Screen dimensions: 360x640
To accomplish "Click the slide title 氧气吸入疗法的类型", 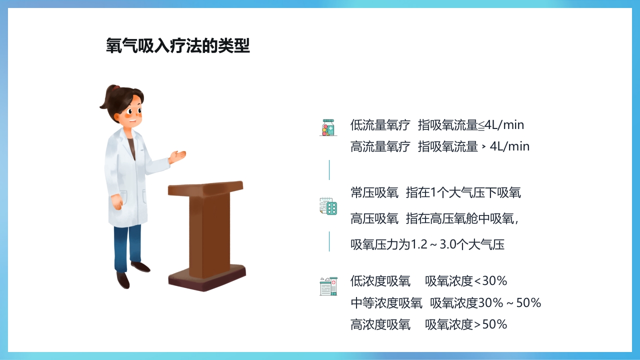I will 178,45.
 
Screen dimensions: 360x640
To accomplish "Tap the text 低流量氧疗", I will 380,124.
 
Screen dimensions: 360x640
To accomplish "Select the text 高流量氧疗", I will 380,146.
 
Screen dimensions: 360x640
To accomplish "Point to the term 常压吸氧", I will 374,192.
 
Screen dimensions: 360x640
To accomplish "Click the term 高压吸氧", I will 374,218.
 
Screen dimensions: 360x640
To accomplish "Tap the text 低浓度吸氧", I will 380,281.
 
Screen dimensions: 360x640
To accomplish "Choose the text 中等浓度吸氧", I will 386,303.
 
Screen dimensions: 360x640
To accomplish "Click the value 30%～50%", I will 509,303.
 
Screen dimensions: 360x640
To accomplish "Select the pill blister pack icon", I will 328,206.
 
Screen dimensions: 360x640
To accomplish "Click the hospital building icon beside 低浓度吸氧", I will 328,286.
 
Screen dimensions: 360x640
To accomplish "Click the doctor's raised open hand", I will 178,157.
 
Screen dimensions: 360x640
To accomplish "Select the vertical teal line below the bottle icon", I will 329,170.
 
